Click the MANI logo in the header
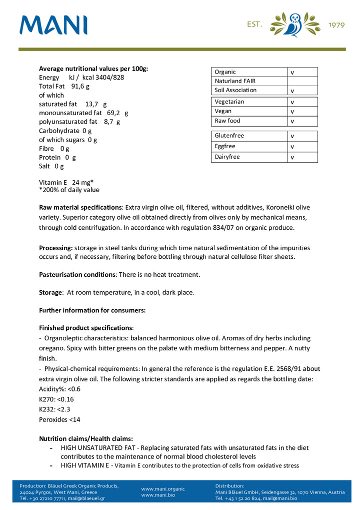click(x=53, y=25)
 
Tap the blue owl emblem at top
click(x=294, y=25)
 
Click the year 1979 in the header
click(x=336, y=25)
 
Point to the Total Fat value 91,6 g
click(x=80, y=86)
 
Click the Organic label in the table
click(x=225, y=72)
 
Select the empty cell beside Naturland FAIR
click(x=302, y=81)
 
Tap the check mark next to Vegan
click(x=292, y=112)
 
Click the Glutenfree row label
click(x=229, y=136)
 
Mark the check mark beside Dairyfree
click(x=292, y=157)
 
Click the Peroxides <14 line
click(x=59, y=419)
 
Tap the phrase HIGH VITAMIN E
click(x=85, y=465)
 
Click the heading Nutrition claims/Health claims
click(x=86, y=438)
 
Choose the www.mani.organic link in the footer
click(x=163, y=489)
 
